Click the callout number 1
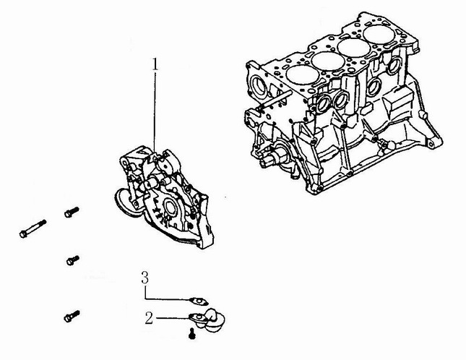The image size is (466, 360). tap(155, 64)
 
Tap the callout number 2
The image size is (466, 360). tap(149, 318)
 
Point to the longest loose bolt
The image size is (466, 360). tap(33, 228)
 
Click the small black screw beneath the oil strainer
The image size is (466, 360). tap(192, 333)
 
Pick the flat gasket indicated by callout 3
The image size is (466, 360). tap(199, 301)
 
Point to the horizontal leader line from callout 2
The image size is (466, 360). tap(173, 318)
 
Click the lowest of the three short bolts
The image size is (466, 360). tap(72, 316)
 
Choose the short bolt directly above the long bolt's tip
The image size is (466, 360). tap(72, 212)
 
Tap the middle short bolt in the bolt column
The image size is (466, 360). tap(72, 260)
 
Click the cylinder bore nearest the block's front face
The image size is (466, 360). tap(303, 74)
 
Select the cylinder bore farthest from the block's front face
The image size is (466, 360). tap(379, 34)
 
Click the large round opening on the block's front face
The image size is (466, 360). tap(258, 85)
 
